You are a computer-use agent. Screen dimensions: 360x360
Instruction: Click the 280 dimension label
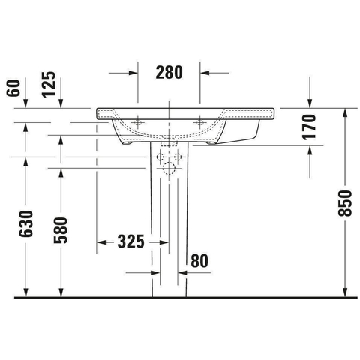point(169,73)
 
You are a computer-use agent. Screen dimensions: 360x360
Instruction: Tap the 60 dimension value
point(13,88)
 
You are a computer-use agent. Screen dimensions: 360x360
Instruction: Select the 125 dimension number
point(49,84)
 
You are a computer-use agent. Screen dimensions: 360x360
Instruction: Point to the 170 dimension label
point(309,127)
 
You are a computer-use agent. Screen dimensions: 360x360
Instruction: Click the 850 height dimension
point(345,203)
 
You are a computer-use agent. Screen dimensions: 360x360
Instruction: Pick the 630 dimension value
point(25,223)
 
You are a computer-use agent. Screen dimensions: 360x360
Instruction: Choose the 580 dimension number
point(61,230)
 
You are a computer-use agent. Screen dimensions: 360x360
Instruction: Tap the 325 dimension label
point(131,241)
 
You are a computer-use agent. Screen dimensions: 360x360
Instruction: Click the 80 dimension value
point(199,261)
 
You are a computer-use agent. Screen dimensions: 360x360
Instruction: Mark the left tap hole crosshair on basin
point(138,122)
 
